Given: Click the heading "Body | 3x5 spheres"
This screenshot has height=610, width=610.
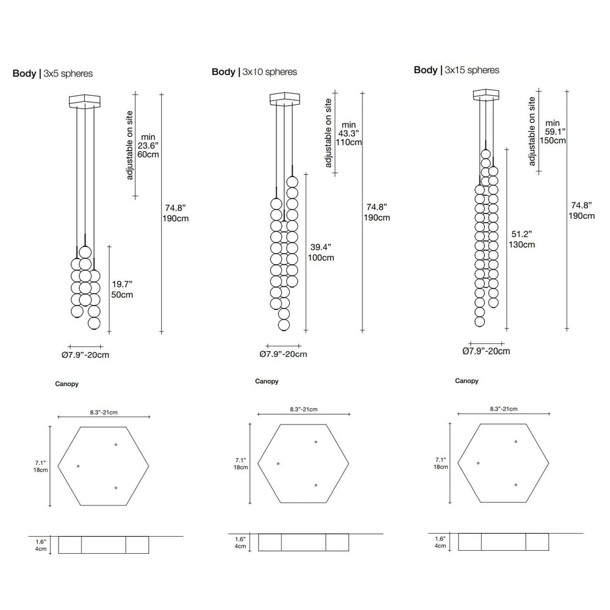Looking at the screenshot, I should click(53, 74).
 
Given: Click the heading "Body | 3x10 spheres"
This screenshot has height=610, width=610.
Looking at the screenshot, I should click(254, 72).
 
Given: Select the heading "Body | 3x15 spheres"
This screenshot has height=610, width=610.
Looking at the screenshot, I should click(456, 70).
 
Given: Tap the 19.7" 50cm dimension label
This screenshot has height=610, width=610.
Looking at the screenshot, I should click(122, 289).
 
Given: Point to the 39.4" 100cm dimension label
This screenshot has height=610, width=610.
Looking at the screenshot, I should click(321, 253).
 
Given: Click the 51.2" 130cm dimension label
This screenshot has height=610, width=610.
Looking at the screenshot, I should click(522, 239).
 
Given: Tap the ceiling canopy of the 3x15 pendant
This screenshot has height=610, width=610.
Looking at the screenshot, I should click(487, 95).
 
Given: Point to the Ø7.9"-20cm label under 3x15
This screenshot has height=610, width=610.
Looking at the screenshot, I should click(486, 351).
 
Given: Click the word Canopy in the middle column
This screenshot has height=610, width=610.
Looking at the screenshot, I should click(267, 382).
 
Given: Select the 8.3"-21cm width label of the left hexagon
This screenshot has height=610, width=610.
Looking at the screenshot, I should click(104, 412).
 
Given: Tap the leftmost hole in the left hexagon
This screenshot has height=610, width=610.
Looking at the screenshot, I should click(78, 467).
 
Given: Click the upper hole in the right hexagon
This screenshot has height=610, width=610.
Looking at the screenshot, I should click(516, 441).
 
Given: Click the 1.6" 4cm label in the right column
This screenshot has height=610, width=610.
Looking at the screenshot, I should click(440, 543).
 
